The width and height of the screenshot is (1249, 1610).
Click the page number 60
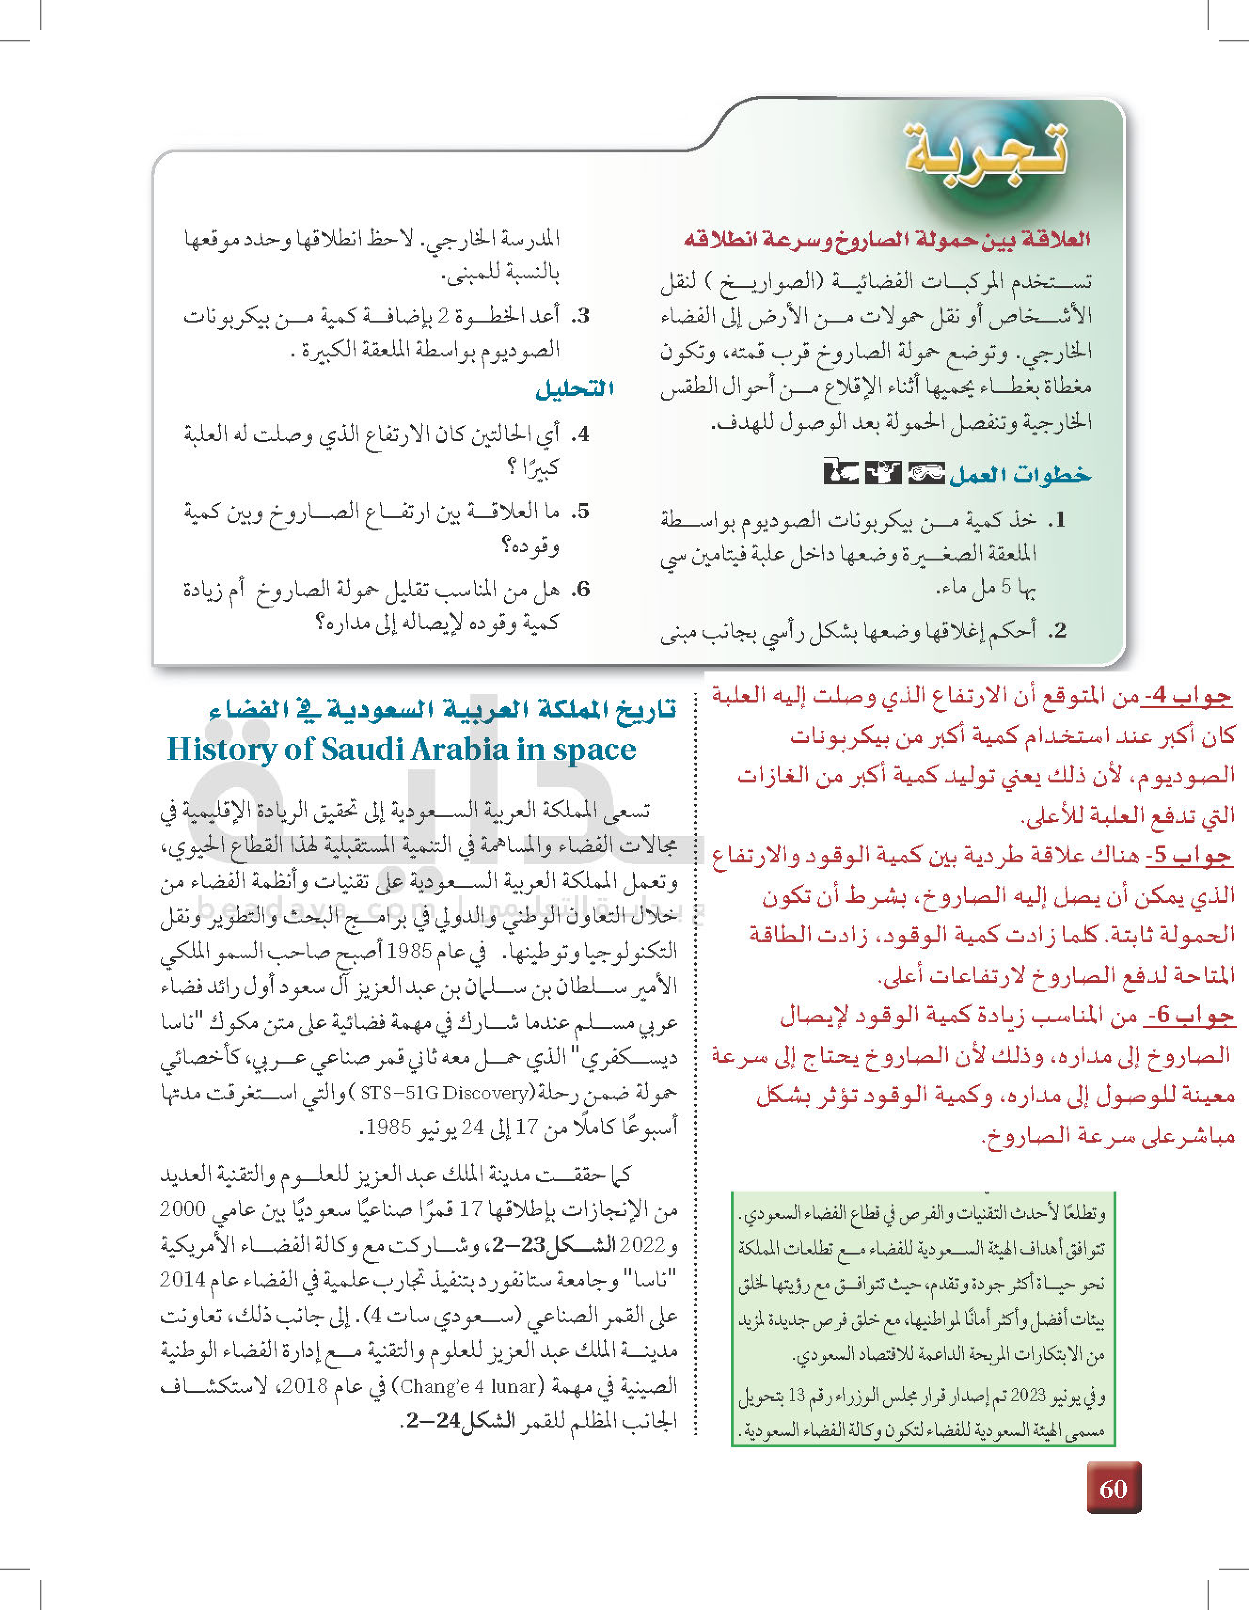point(1114,1488)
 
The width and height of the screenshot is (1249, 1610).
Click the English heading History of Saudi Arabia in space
point(402,750)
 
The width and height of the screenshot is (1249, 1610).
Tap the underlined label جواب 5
point(1188,857)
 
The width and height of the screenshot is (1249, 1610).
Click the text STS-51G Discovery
point(444,1092)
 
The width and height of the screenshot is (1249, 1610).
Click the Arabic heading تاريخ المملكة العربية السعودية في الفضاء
point(443,710)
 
